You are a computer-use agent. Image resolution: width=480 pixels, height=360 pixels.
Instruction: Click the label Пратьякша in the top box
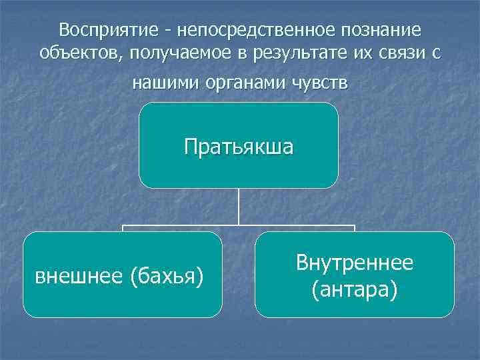pos(239,146)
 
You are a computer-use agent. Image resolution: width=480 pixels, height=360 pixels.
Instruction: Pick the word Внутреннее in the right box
pos(355,263)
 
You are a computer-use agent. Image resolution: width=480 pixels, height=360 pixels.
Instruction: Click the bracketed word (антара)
pos(355,289)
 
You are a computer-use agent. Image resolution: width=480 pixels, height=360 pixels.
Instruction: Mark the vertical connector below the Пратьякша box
pos(239,207)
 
